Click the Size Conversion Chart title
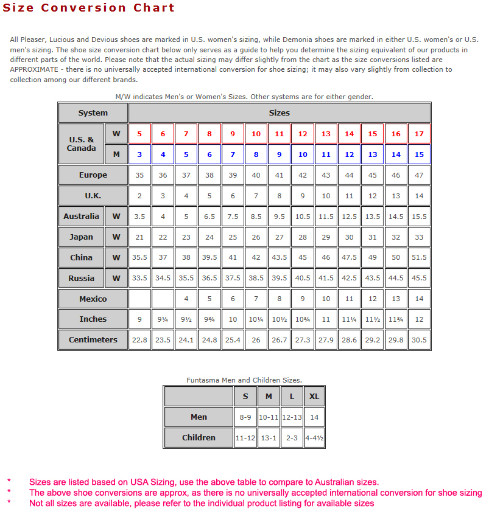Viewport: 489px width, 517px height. (x=88, y=8)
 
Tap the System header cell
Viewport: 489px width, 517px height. (x=93, y=113)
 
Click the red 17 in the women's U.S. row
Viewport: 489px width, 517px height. (x=419, y=134)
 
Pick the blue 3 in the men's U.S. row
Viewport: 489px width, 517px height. (x=139, y=154)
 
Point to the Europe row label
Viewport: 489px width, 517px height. (x=93, y=175)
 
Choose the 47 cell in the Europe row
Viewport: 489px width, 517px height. (x=419, y=175)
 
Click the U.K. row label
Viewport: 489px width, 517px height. (x=93, y=196)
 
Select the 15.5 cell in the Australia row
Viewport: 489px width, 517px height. (x=419, y=217)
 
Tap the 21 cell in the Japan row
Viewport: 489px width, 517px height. (x=139, y=237)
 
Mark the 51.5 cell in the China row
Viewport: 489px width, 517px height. (x=419, y=257)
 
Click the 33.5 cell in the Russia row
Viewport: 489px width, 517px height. (x=139, y=278)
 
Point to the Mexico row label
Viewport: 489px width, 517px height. (x=93, y=299)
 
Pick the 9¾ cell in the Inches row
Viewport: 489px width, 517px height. (x=209, y=319)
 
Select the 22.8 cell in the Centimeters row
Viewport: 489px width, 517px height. (x=139, y=340)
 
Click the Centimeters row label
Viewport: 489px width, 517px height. (x=93, y=340)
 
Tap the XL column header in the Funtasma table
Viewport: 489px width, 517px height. (x=314, y=397)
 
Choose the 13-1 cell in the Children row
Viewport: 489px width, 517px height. (x=269, y=438)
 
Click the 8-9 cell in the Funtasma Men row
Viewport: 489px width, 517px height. (x=245, y=417)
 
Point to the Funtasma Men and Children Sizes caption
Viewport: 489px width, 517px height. (x=244, y=380)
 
